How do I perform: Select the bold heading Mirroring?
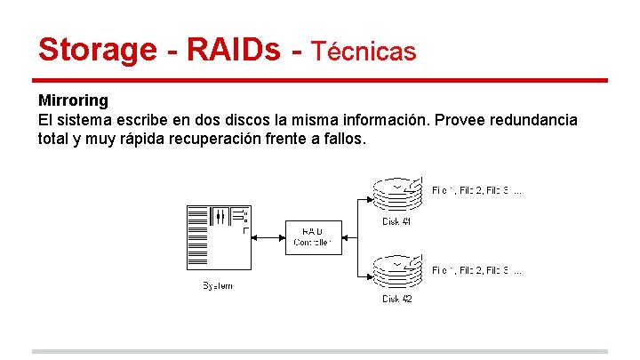[73, 101]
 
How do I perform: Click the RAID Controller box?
[312, 237]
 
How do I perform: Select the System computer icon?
[218, 237]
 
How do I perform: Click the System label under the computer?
[218, 286]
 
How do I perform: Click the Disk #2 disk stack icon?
[397, 272]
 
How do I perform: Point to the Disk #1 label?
[397, 221]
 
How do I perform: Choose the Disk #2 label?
[397, 300]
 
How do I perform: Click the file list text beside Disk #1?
[476, 190]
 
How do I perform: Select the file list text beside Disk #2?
[476, 269]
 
